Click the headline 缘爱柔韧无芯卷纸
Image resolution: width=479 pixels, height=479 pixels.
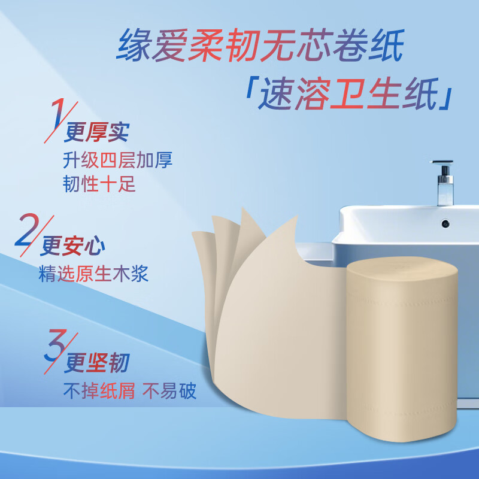coord(260,46)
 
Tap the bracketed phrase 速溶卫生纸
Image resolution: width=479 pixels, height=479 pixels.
coord(348,93)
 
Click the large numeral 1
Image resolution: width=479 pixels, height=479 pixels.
coord(57,114)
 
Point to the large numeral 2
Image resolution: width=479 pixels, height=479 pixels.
coord(27,230)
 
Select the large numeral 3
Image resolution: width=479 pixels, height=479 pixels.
coord(56,345)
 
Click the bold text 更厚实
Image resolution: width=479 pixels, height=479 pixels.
coord(96,132)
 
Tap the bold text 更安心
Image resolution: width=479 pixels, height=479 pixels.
coord(72,246)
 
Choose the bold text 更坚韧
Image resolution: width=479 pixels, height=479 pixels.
coord(96,363)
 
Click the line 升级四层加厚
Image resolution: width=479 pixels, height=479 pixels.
coord(117,160)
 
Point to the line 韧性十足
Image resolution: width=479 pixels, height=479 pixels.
coord(99,184)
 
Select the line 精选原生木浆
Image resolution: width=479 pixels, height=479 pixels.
coord(93,274)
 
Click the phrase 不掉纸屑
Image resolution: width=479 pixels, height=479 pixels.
coord(99,391)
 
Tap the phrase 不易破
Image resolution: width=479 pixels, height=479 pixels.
coord(169,391)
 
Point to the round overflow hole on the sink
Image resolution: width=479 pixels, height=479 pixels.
coord(445,223)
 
